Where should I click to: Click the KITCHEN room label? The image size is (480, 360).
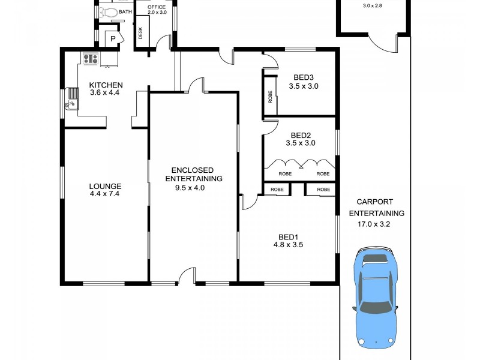pos(106,85)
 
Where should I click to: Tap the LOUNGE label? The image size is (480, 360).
pos(106,186)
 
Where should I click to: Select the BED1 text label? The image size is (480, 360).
pos(286,236)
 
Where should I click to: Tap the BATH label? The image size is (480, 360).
pos(125,12)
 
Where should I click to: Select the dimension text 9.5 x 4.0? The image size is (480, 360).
pos(185,188)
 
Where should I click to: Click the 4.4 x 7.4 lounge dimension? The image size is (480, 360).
pos(106,194)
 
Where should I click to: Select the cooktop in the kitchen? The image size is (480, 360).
pos(91,59)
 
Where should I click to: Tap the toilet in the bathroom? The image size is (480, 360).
pos(108,12)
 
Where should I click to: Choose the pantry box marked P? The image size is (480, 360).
pos(113,39)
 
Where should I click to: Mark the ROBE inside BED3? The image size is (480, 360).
pos(270,97)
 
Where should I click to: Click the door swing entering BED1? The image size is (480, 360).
pos(249,203)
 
